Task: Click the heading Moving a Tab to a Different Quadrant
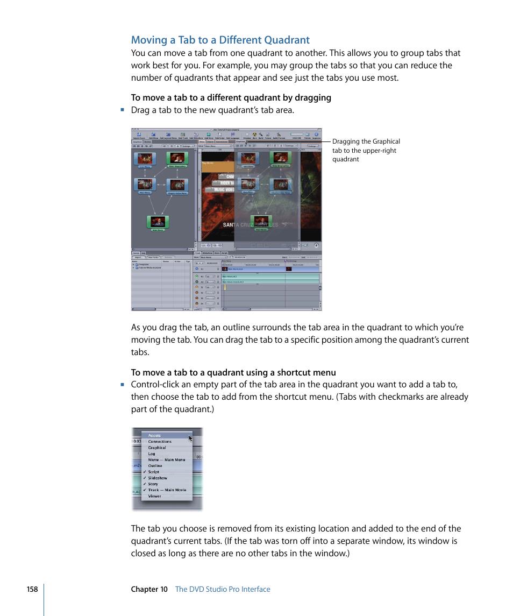(x=220, y=40)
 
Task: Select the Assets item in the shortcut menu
(x=154, y=436)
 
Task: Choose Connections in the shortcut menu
(x=160, y=442)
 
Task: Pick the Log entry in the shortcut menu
(x=152, y=454)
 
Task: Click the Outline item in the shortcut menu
(x=155, y=466)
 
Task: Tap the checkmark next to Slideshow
(x=145, y=478)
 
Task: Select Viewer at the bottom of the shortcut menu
(x=154, y=496)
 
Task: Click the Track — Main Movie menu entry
(x=167, y=490)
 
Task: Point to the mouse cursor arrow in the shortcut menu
(x=190, y=438)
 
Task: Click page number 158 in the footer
(x=32, y=589)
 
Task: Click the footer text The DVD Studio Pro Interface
(x=223, y=589)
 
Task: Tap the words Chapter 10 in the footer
(x=149, y=589)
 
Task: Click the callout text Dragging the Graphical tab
(x=366, y=141)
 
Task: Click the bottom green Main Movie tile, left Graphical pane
(x=158, y=222)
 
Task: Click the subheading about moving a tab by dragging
(x=231, y=97)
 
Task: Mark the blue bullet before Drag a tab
(x=123, y=110)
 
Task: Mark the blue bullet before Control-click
(x=123, y=384)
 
